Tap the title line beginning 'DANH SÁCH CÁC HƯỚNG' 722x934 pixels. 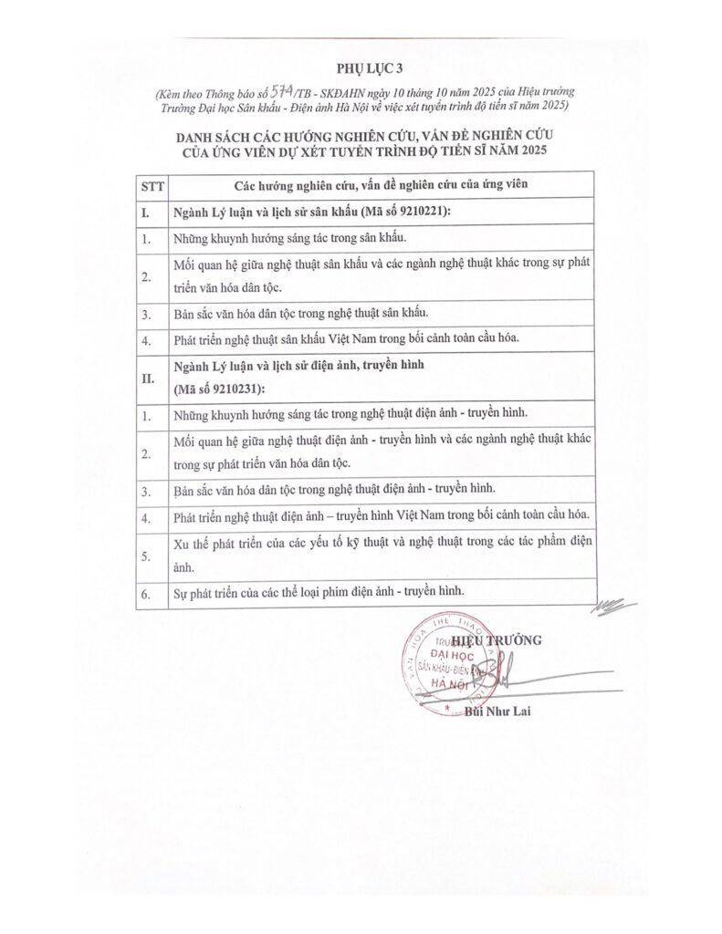(362, 136)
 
